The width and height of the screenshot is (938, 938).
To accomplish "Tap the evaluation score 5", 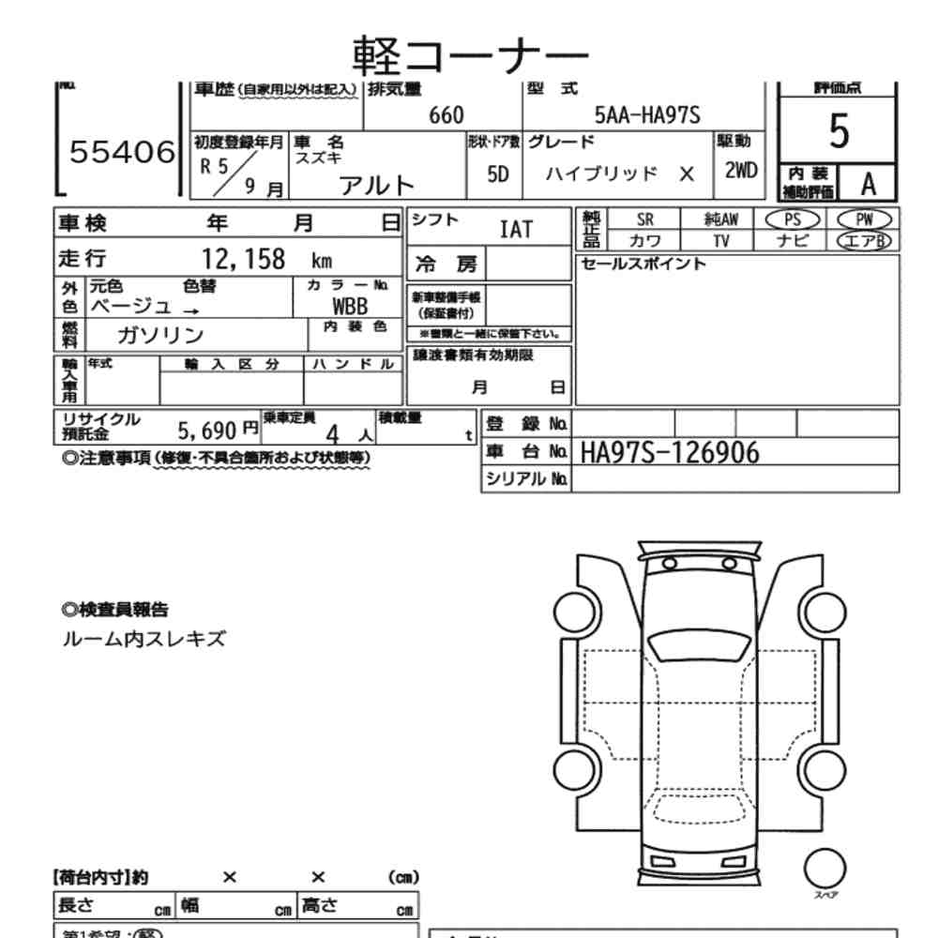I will [839, 134].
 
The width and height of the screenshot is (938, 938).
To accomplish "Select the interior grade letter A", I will [869, 184].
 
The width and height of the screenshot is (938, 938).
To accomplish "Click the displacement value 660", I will [446, 115].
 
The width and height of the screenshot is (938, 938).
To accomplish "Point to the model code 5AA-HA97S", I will [648, 115].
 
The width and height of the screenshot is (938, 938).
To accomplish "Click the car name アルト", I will [376, 185].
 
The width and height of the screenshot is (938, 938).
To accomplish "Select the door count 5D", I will [498, 175].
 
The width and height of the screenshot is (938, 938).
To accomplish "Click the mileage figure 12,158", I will [244, 260].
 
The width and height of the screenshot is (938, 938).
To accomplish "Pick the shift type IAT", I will [516, 229].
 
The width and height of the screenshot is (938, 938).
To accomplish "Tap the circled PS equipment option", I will [793, 219].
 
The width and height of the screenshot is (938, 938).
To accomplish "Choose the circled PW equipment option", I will [863, 219].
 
